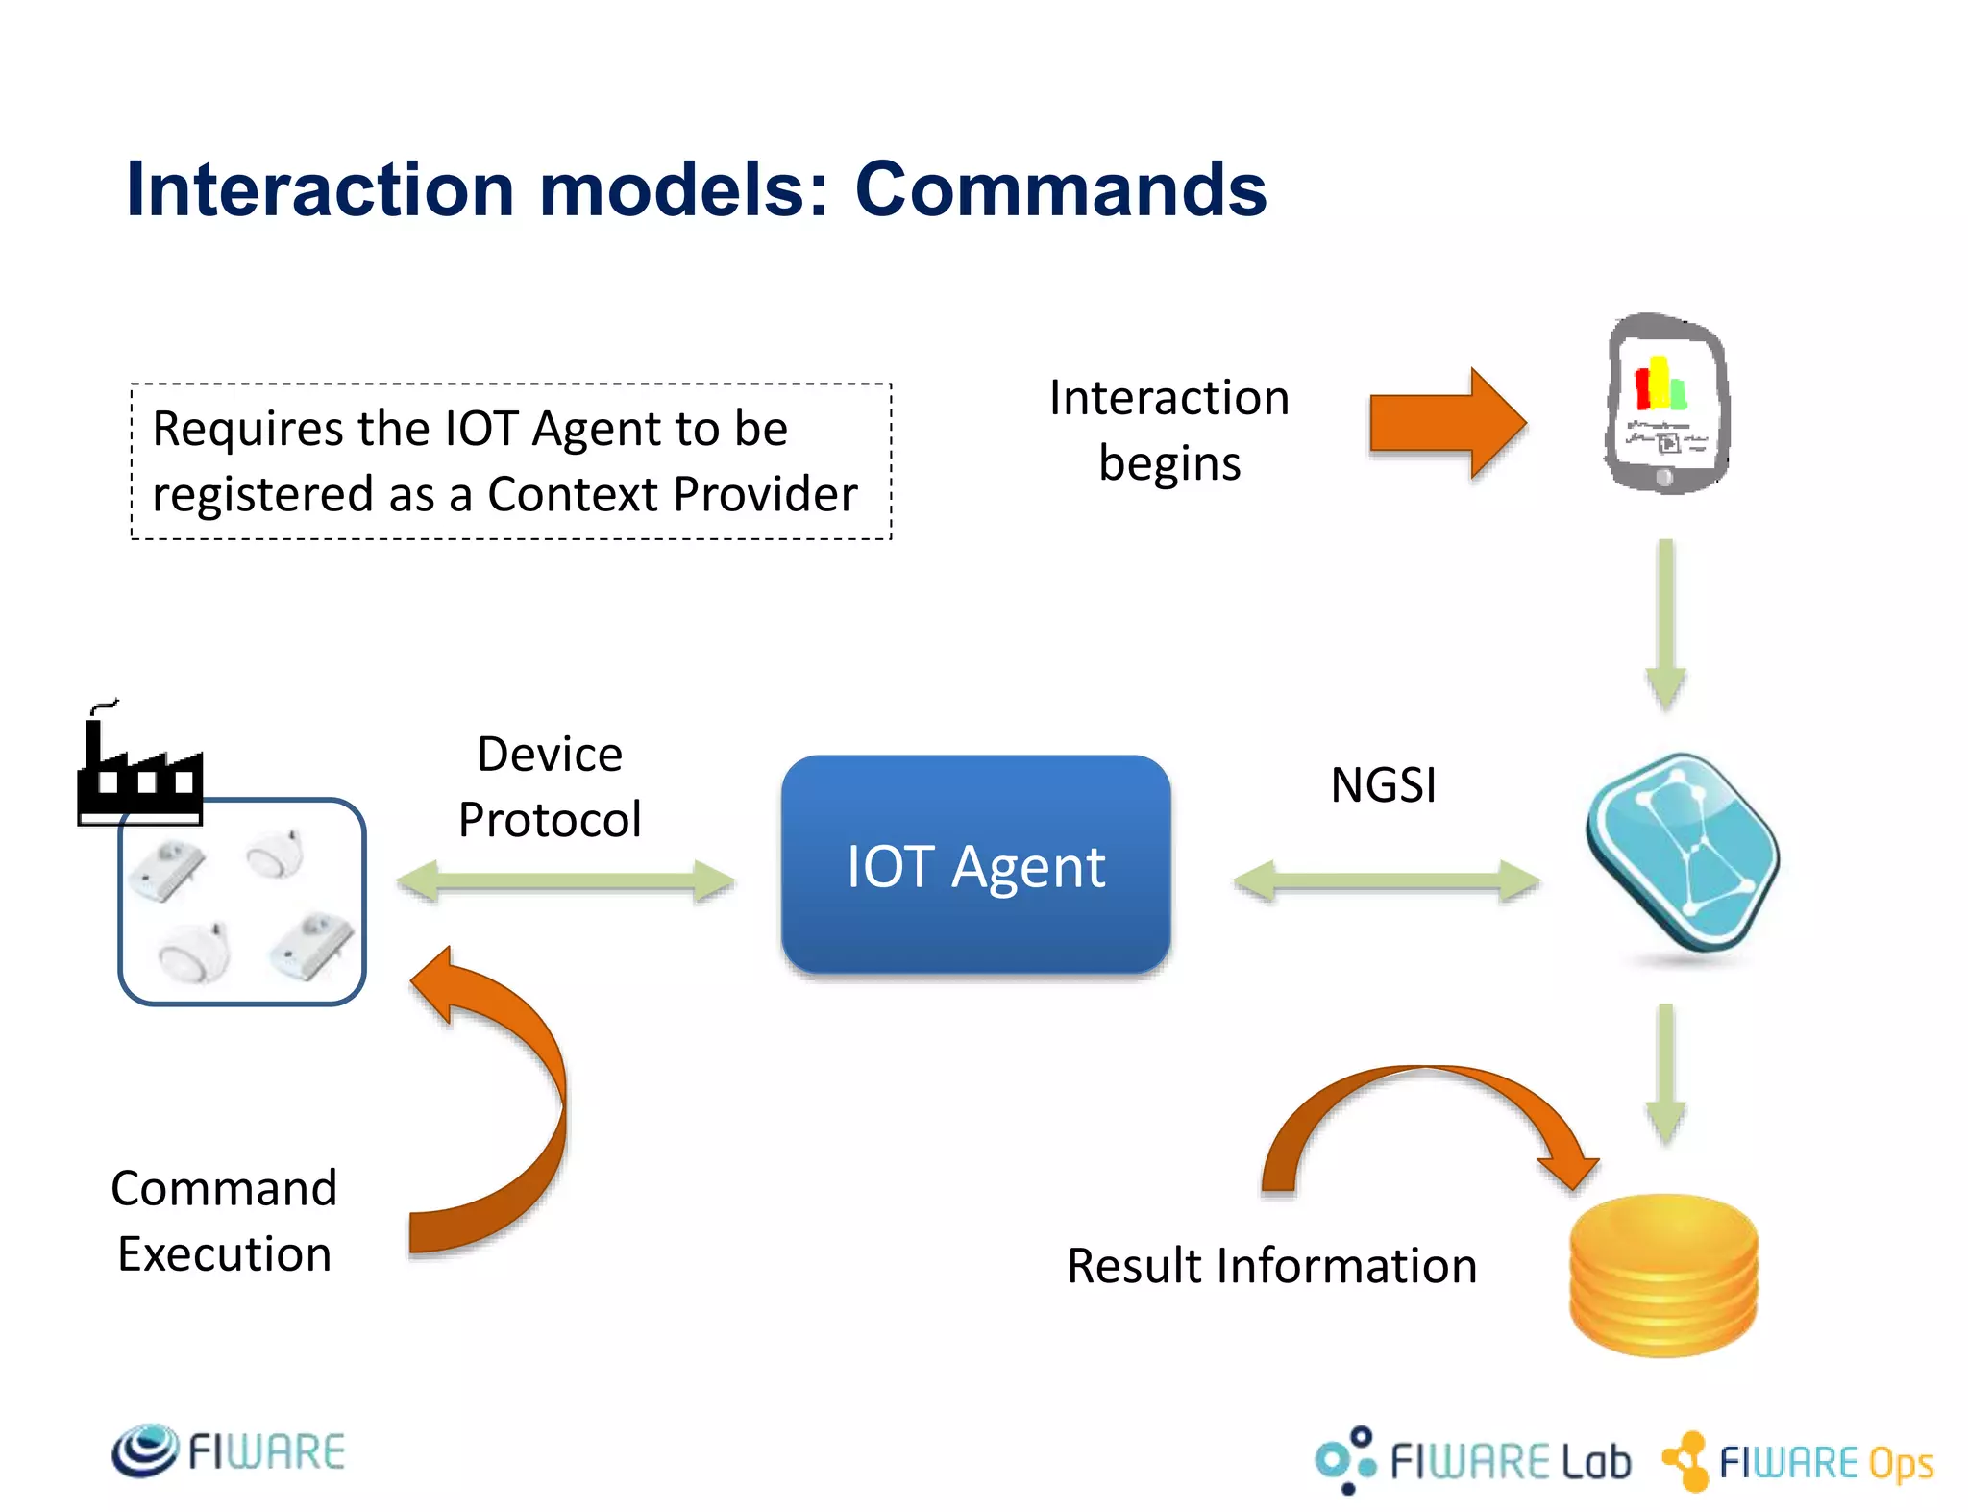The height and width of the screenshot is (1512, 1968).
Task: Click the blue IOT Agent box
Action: coord(975,865)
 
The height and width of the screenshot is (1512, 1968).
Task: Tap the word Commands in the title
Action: coord(1060,189)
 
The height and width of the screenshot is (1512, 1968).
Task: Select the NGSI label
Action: coord(1383,784)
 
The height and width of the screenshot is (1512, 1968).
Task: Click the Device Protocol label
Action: coord(550,786)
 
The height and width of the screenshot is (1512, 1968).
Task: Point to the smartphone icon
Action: coord(1666,404)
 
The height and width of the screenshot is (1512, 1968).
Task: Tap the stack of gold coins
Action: coord(1663,1274)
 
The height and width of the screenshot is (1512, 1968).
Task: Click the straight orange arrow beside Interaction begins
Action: coord(1447,423)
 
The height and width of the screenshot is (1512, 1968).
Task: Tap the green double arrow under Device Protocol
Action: coord(565,880)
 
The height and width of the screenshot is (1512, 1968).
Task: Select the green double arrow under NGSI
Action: coord(1386,880)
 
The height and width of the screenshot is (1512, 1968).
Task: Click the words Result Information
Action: coord(1271,1266)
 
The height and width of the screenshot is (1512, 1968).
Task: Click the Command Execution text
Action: coord(224,1221)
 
